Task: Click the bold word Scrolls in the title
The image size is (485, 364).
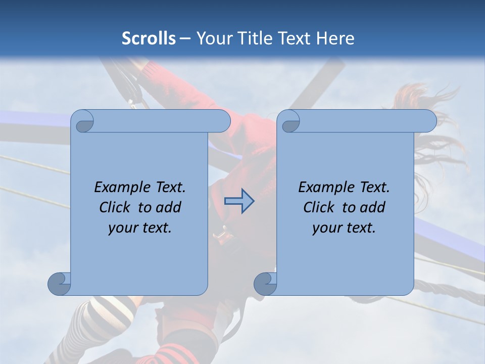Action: [x=149, y=38]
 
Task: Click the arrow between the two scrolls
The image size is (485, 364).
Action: [x=239, y=201]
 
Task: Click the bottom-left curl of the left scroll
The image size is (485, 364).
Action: [x=60, y=284]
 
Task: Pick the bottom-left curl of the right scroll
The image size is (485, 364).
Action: [x=265, y=284]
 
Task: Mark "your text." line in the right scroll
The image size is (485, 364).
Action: [x=344, y=227]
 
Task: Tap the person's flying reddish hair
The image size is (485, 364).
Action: [x=419, y=101]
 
